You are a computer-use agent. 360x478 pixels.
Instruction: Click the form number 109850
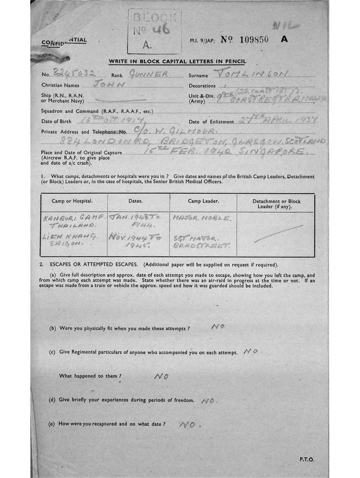(254, 40)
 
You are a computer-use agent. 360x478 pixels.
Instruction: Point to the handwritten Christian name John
(109, 84)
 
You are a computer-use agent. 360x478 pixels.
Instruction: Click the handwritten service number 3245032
(70, 73)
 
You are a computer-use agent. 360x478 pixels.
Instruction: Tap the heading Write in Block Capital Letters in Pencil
(177, 61)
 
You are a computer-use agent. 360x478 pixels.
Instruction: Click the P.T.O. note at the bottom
(306, 459)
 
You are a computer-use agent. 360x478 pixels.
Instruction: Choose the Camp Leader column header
(203, 201)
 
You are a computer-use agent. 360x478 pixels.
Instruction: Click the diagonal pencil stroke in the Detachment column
(278, 233)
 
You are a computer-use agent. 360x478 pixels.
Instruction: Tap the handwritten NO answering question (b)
(218, 327)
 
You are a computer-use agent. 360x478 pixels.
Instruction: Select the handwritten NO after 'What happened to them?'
(161, 376)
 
